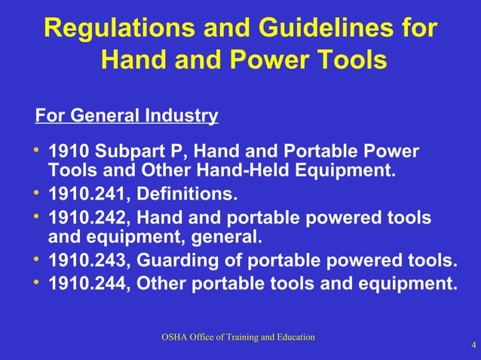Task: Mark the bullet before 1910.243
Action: tap(38, 260)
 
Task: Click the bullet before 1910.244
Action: tap(38, 282)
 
